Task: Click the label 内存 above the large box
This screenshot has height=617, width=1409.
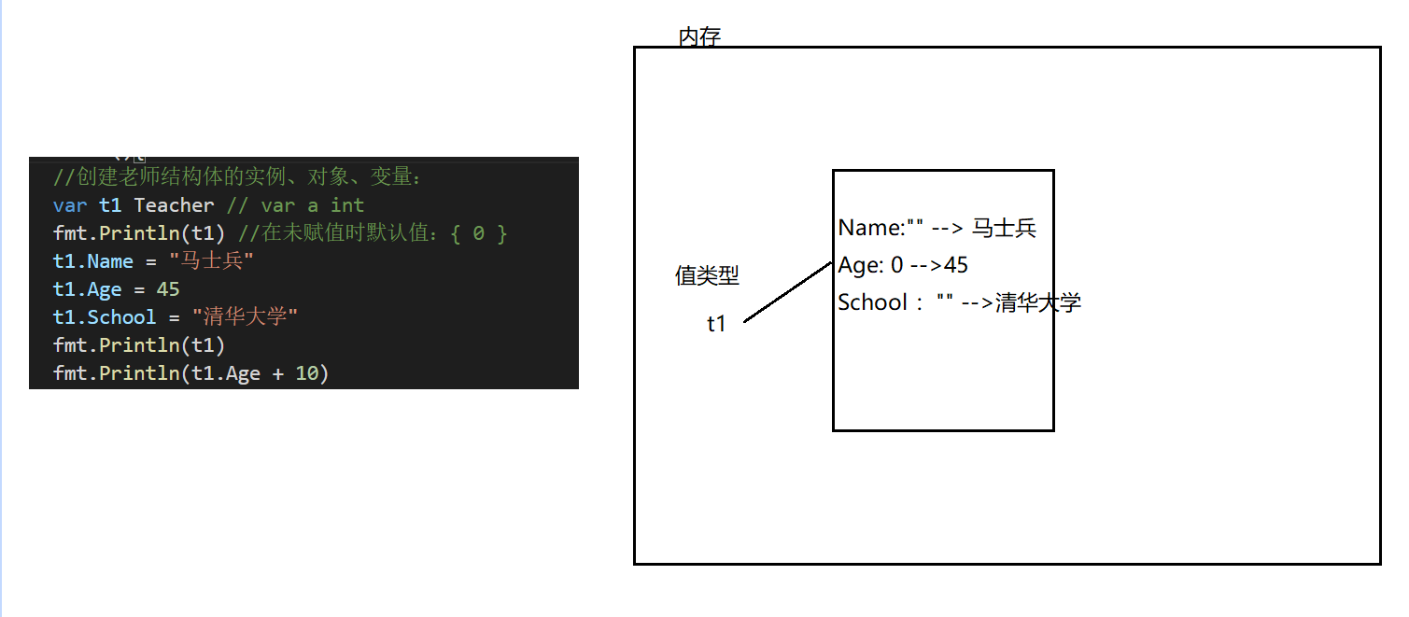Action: coord(699,37)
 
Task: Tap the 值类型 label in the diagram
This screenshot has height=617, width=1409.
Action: coord(707,275)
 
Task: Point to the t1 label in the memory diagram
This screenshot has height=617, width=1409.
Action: coord(716,324)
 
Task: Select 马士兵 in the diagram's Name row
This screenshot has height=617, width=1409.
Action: coord(1004,228)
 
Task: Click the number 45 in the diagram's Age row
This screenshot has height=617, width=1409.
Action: coord(955,265)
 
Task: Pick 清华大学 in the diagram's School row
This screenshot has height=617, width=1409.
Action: coord(1037,302)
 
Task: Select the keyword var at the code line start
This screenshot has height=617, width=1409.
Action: coord(70,205)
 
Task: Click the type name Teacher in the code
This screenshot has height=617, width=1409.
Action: coord(175,205)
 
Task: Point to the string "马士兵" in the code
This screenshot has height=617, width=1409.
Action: coord(211,261)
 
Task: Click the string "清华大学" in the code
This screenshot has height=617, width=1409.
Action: coord(245,317)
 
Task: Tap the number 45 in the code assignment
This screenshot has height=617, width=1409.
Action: coord(168,289)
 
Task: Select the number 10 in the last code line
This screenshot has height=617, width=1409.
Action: coord(306,374)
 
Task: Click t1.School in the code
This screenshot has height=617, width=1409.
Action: coord(105,317)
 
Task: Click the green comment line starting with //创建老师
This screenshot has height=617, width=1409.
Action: coord(238,177)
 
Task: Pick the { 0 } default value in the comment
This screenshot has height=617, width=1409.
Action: coord(478,233)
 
